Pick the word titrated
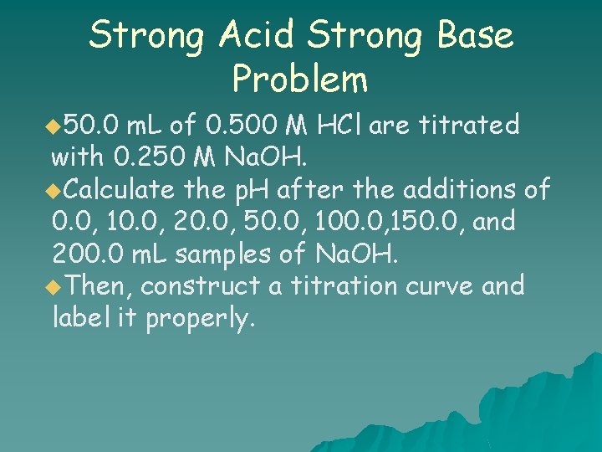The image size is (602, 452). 469,126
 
